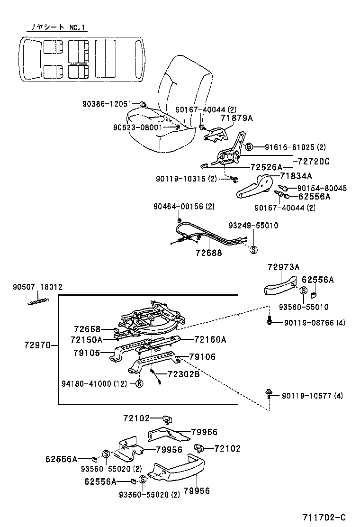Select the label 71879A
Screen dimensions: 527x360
tap(236, 118)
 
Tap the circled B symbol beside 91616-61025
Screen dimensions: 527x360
tap(249, 147)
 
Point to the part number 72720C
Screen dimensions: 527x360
tap(313, 162)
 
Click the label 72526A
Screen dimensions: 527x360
tap(266, 167)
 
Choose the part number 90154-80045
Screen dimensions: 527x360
tap(321, 188)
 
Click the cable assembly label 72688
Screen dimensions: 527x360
tap(208, 253)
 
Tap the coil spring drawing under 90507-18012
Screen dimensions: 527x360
tap(38, 300)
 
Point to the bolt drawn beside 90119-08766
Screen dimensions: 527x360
tap(270, 321)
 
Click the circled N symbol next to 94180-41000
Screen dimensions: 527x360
tap(139, 384)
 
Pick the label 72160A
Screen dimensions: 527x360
tap(210, 339)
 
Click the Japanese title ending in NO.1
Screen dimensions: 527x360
tap(57, 27)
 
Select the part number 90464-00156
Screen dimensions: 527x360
tap(184, 206)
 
